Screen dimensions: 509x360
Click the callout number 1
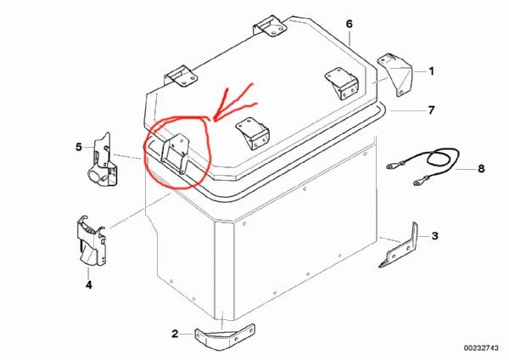[x=431, y=71]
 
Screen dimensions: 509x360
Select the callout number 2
[x=175, y=334]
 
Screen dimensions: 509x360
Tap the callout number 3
[x=435, y=236]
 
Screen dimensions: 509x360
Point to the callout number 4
[x=88, y=284]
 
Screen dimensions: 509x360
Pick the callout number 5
[x=79, y=147]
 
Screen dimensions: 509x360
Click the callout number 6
[x=349, y=24]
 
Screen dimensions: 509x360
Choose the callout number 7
[x=431, y=110]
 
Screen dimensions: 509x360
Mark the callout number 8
[x=481, y=169]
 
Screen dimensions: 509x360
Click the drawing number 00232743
[x=481, y=348]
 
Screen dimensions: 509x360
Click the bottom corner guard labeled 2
[x=225, y=336]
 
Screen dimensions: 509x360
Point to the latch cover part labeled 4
[x=92, y=240]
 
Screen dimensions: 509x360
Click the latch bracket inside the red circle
[x=176, y=154]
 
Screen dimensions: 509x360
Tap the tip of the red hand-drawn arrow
[x=215, y=121]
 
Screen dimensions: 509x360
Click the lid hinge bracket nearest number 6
[x=270, y=26]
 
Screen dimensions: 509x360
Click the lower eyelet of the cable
[x=417, y=183]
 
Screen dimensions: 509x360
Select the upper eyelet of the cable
[x=391, y=167]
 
